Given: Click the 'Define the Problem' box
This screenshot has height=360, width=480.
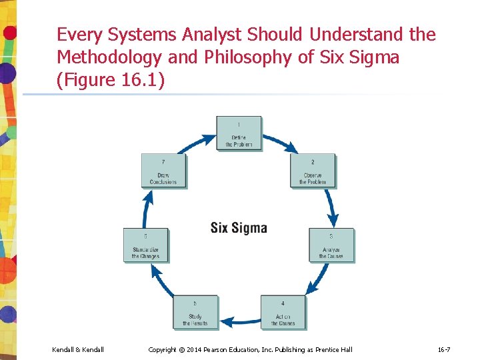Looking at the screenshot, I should (239, 133).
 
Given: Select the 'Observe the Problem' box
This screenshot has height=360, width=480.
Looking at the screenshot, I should (312, 171).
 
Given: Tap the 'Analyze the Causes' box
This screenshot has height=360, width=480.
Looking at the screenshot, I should (331, 245).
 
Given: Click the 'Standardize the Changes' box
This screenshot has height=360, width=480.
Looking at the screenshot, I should (145, 245).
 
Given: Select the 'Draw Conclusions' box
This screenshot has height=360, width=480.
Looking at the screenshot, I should (163, 171).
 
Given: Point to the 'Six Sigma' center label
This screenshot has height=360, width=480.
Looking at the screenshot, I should (239, 228).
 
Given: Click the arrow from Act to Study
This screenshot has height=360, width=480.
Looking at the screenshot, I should (239, 322).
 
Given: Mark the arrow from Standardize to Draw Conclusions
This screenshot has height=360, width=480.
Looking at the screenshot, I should (147, 208).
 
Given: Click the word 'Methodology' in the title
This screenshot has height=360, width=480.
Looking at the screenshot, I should (109, 58).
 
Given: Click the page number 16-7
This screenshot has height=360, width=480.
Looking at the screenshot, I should (443, 350).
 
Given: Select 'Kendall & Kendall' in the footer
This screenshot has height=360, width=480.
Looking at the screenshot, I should (77, 350).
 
